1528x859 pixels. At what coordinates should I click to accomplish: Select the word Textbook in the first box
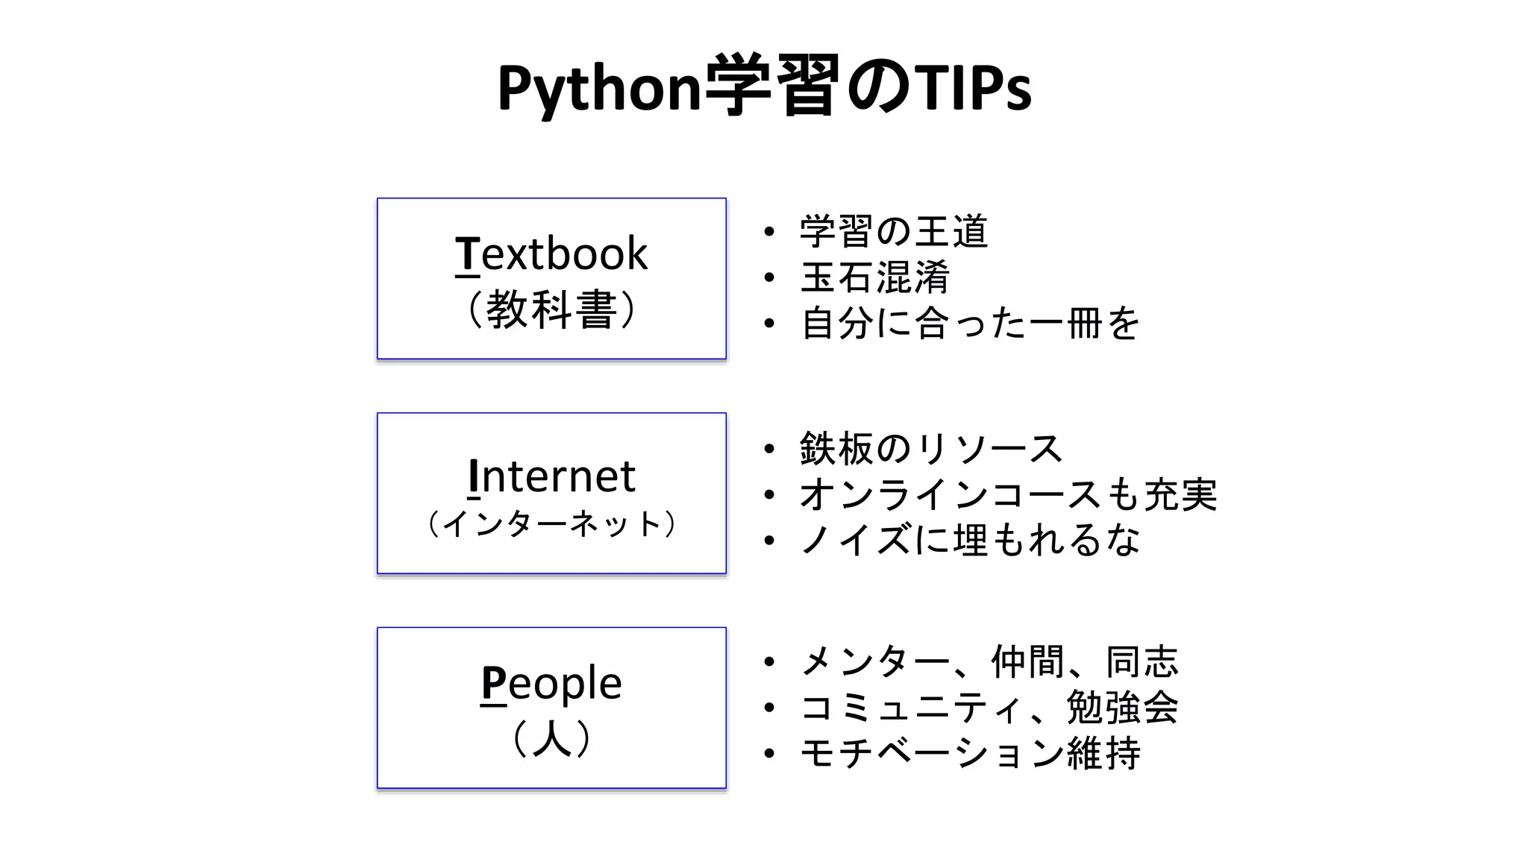click(x=551, y=254)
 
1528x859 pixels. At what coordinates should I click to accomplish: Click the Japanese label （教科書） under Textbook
click(x=551, y=309)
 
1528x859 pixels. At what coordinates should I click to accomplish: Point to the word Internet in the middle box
click(x=551, y=476)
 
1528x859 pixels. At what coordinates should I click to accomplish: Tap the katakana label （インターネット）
click(x=551, y=524)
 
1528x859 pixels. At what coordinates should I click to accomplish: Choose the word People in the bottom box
click(x=551, y=682)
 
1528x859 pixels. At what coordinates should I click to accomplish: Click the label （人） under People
click(x=551, y=738)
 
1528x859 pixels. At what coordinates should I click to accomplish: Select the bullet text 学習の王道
click(x=894, y=231)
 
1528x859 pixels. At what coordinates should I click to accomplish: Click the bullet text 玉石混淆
click(x=875, y=277)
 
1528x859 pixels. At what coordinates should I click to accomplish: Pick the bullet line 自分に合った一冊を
click(x=970, y=324)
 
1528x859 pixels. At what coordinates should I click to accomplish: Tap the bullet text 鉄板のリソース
click(x=931, y=449)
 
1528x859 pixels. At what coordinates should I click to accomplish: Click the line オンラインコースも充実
click(x=1008, y=494)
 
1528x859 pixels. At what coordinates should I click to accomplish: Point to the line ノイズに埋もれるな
click(x=970, y=540)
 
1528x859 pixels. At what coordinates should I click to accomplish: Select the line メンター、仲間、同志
click(x=989, y=661)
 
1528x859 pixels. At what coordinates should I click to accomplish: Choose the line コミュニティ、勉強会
click(x=989, y=707)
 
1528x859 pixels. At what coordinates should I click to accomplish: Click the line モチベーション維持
click(x=970, y=753)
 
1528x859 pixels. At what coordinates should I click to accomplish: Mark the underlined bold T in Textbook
click(x=467, y=254)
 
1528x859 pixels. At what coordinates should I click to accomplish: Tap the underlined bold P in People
click(x=493, y=682)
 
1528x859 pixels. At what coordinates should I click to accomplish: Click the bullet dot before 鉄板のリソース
click(x=770, y=449)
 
